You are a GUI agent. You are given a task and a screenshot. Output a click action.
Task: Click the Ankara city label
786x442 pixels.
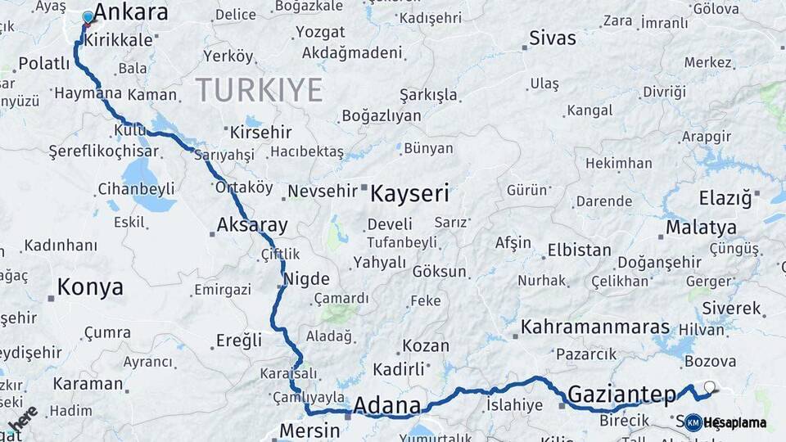130,12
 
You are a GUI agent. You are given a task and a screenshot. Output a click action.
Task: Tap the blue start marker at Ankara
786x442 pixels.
88,17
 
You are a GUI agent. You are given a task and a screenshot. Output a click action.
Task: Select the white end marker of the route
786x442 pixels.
709,387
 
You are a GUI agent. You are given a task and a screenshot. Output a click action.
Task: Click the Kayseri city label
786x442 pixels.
409,194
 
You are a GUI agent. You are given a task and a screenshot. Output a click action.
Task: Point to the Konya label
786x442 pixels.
90,287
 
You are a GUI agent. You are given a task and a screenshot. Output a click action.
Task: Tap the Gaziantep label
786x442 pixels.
622,394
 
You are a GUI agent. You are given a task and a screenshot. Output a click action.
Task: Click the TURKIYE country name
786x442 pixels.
259,90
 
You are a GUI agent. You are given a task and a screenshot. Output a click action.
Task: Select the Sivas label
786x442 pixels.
553,38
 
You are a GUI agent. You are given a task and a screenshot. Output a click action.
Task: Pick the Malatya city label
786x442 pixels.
701,228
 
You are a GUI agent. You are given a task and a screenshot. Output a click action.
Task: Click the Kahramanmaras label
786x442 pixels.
595,327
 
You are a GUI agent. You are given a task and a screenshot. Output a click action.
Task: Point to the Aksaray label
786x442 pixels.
252,225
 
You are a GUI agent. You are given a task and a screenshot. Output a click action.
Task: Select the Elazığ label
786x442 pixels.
725,198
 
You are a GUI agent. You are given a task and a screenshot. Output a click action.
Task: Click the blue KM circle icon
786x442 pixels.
693,422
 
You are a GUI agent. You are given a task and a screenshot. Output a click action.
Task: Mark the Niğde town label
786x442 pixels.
306,278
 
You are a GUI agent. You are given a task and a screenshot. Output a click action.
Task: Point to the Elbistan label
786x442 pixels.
579,250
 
